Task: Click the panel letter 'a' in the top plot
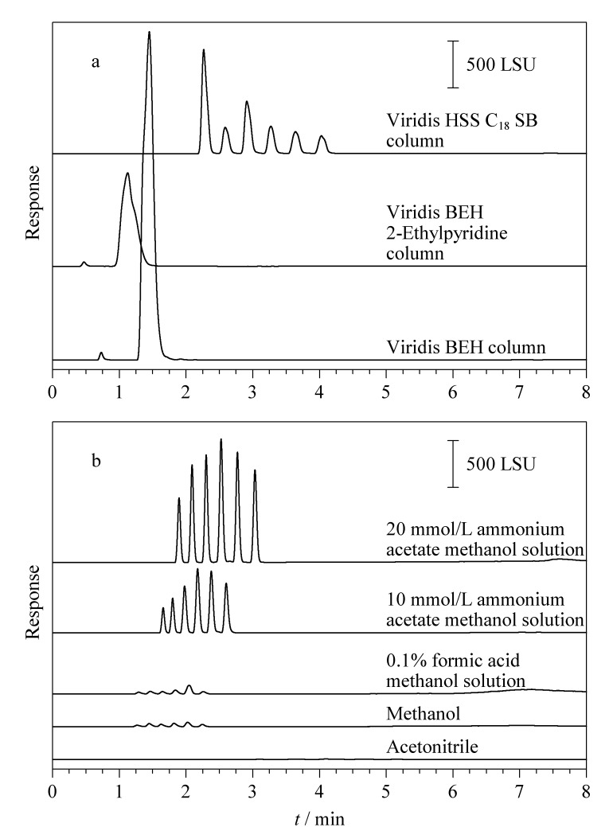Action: tap(96, 62)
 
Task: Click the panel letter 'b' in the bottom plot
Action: tap(96, 461)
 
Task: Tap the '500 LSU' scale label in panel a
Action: tap(500, 65)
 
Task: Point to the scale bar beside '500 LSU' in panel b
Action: tap(453, 463)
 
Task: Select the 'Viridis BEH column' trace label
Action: tap(466, 348)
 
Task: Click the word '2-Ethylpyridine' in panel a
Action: tap(447, 233)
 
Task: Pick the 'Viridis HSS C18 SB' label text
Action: tap(462, 121)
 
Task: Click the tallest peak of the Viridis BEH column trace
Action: tap(150, 32)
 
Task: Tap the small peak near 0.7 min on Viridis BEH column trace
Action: tap(101, 353)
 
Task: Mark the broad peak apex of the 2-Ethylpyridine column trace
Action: tap(127, 173)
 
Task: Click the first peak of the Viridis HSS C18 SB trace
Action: tap(203, 49)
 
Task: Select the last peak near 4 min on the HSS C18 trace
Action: tap(322, 136)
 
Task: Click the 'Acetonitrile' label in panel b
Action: tap(432, 747)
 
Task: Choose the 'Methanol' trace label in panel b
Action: tap(424, 714)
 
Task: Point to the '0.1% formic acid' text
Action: tap(453, 661)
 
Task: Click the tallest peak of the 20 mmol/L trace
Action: tap(221, 439)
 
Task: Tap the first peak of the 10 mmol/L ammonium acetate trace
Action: tap(162, 608)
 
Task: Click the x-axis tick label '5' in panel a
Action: tap(386, 392)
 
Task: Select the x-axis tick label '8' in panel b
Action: tap(586, 791)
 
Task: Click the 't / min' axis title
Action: tap(320, 818)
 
